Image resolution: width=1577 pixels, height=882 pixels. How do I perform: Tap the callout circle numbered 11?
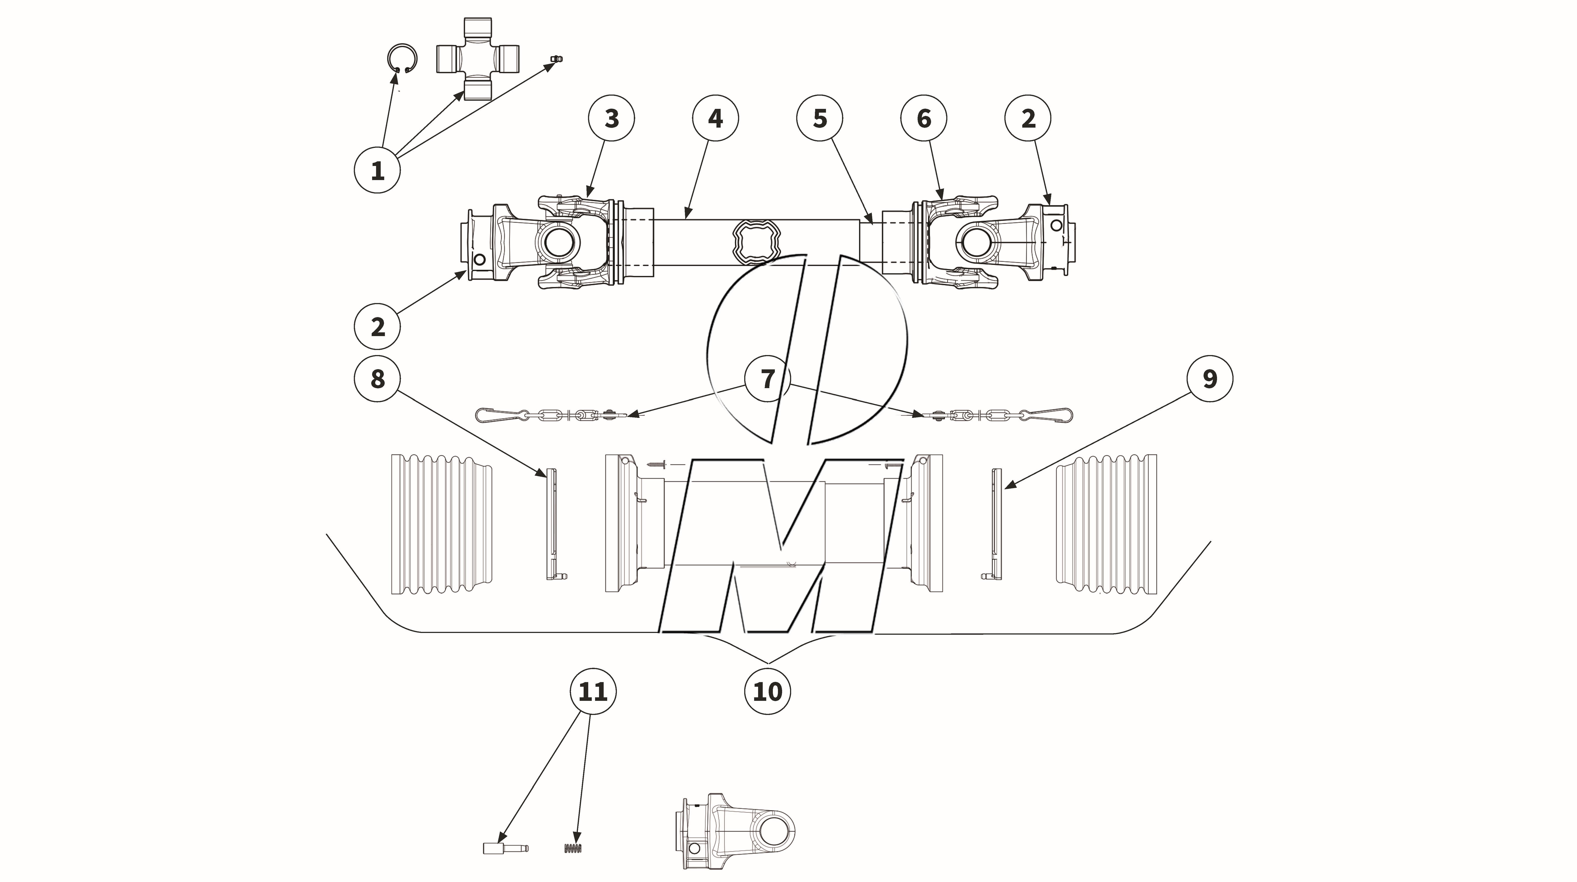pos(593,692)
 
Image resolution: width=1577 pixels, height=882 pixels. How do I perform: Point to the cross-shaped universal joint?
pos(477,59)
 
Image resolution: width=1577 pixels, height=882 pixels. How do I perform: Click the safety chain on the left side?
pos(551,415)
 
